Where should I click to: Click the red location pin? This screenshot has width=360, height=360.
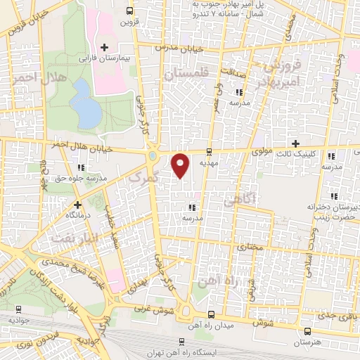coord(181,165)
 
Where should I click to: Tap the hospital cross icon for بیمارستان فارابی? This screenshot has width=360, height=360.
coord(104,47)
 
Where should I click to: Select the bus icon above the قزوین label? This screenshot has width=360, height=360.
coord(129,11)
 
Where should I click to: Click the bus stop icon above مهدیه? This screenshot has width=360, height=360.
coord(208,150)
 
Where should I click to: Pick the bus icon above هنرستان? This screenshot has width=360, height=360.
coord(307,331)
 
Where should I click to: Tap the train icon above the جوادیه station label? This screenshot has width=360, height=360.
coord(18,308)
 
